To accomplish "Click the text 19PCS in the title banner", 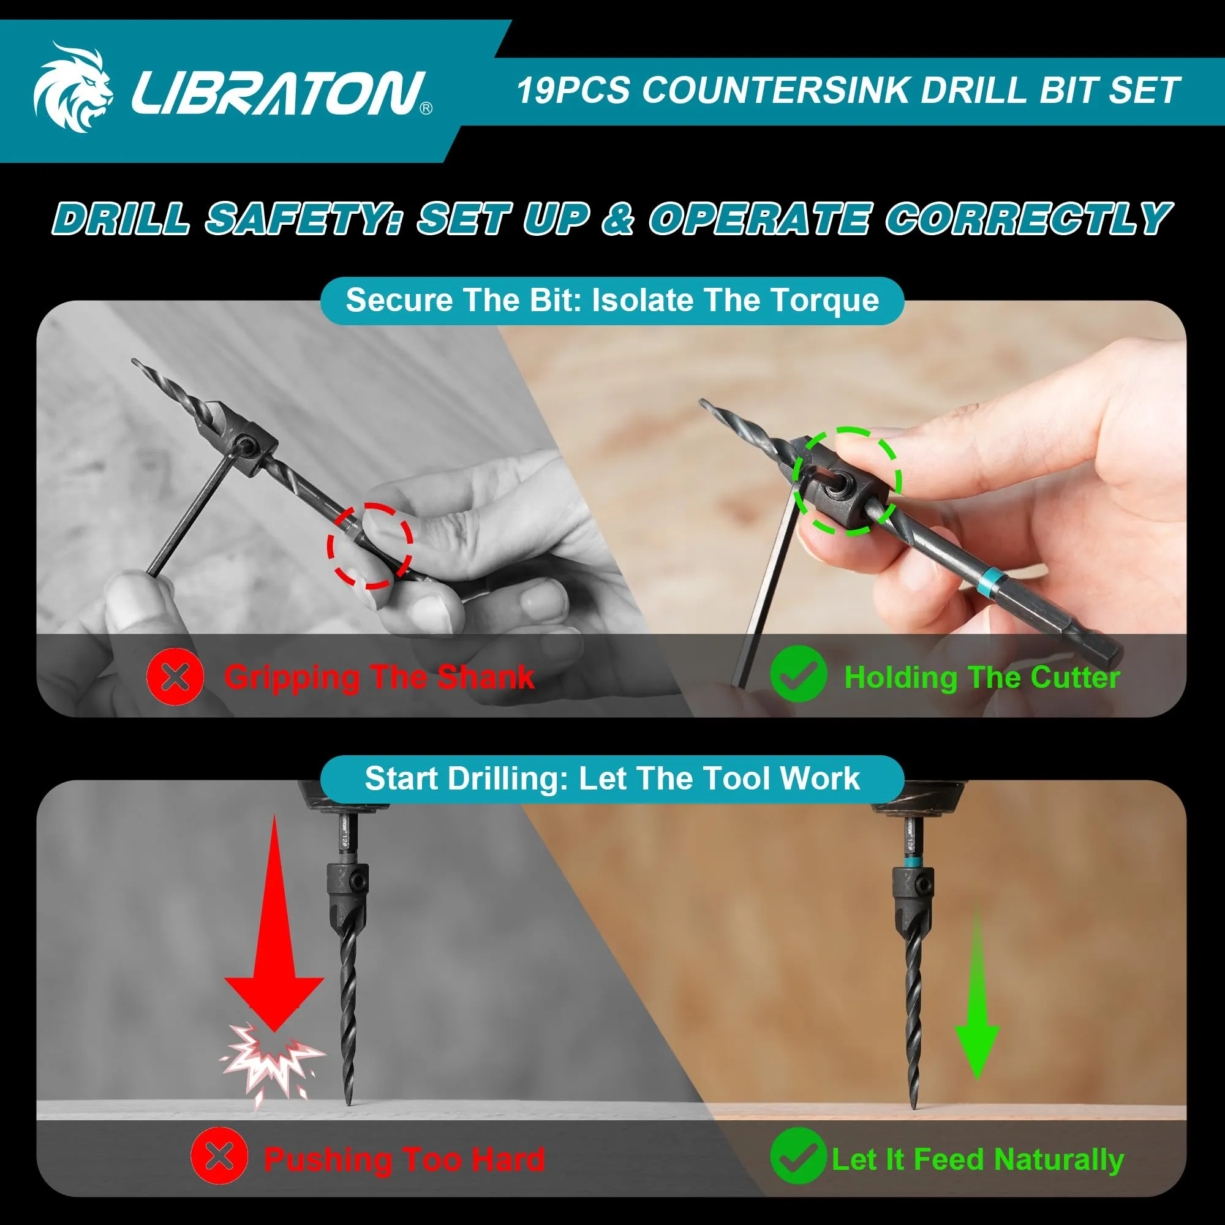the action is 573,90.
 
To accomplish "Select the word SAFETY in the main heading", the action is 303,219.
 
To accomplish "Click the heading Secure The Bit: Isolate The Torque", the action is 612,300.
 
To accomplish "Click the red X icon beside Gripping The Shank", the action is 175,677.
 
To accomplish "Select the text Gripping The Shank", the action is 379,677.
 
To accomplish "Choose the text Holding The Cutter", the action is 982,677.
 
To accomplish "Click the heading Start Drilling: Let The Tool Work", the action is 612,778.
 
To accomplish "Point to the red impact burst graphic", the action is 273,1066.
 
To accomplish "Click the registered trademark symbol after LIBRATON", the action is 426,108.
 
